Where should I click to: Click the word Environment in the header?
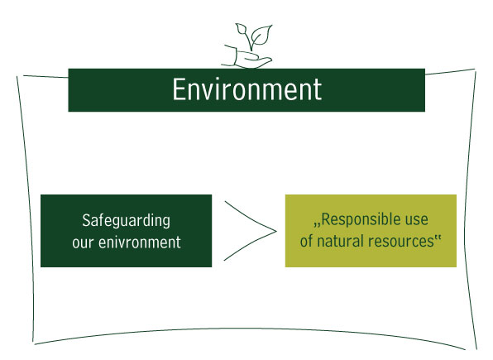pos(247,89)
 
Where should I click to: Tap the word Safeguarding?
pos(126,221)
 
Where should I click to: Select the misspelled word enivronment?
pos(140,242)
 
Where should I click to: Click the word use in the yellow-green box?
pos(417,220)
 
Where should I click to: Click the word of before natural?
pos(306,241)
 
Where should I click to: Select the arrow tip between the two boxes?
pos(276,231)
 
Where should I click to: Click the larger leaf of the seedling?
pos(261,35)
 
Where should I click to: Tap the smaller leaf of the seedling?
pos(242,29)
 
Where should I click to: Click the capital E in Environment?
pos(179,89)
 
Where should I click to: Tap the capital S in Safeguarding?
pos(86,221)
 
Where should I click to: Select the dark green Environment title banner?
pos(247,90)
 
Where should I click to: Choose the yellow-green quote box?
pos(371,231)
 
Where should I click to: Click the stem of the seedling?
pos(251,43)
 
